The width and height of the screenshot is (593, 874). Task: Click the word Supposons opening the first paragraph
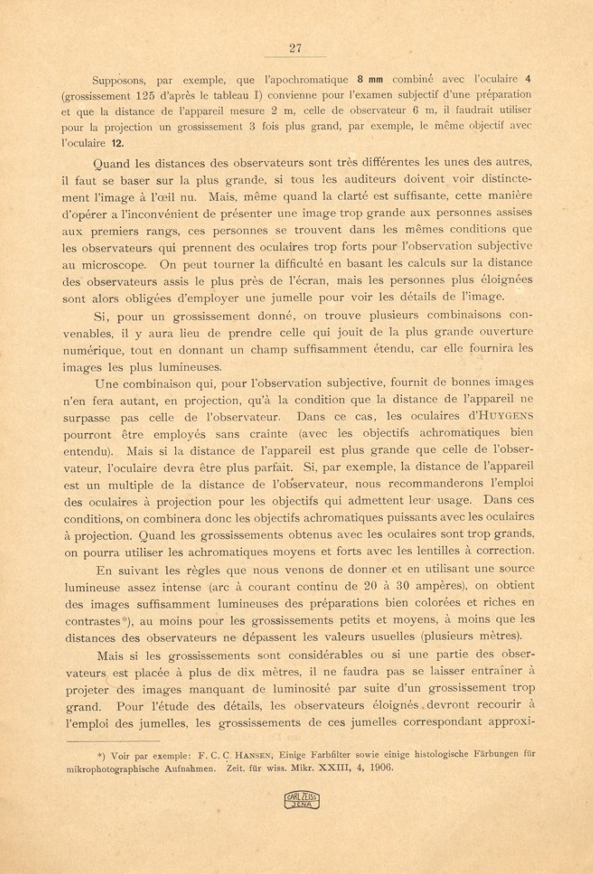pos(119,81)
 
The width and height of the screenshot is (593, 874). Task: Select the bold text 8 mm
pos(370,80)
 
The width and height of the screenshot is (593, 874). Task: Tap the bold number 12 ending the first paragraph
pos(117,143)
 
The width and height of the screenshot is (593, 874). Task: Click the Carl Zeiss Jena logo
pos(301,800)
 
